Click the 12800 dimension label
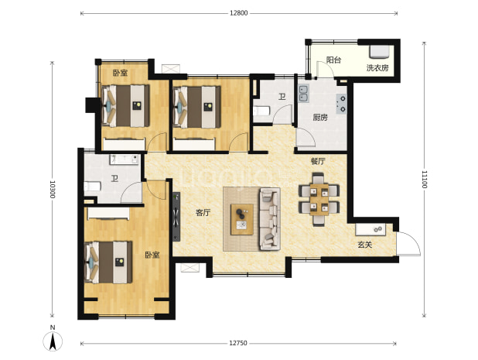pos(239,13)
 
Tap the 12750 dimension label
pos(238,343)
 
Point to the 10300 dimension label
pos(53,189)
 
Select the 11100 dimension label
pos(425,180)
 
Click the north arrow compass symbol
pos(53,338)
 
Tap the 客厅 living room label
pos(203,213)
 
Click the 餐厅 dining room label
pos(318,161)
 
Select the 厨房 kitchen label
pos(320,117)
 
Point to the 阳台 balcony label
pos(333,60)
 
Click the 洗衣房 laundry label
pos(377,67)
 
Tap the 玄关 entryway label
pos(364,245)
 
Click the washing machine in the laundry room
pos(379,52)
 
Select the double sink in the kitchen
pos(304,94)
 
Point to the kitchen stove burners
pos(342,104)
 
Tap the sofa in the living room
pos(270,219)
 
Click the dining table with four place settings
pos(319,200)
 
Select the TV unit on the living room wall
pos(176,217)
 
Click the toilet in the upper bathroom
pos(262,111)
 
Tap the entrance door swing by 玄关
pos(408,243)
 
